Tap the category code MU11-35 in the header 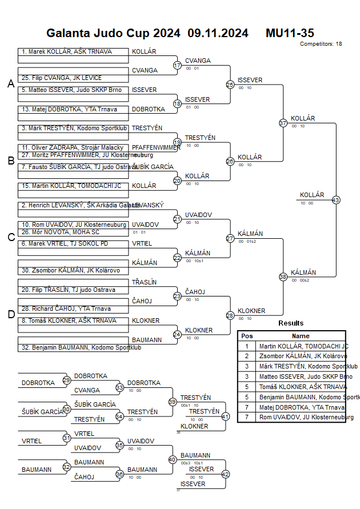tap(290, 33)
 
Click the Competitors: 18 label tap(321, 43)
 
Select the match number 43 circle tap(336, 200)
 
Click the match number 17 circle tap(177, 65)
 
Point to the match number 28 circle tap(230, 315)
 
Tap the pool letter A tap(11, 84)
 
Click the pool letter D tap(11, 314)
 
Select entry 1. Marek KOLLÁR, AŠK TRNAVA tap(67, 52)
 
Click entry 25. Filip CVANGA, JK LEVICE tap(62, 78)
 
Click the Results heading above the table tap(291, 323)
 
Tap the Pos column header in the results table tap(247, 336)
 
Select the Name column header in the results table tap(301, 336)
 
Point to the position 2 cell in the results tap(247, 356)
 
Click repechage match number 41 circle tap(225, 416)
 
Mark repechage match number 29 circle tap(66, 380)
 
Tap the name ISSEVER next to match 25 tap(250, 81)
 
